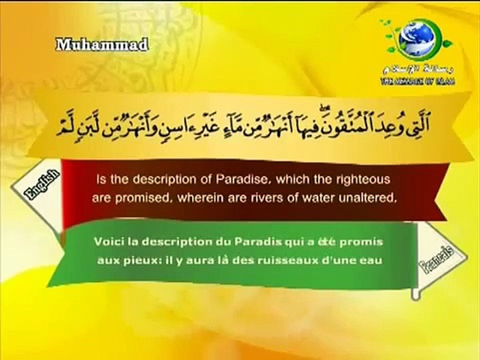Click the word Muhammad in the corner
point(102,45)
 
